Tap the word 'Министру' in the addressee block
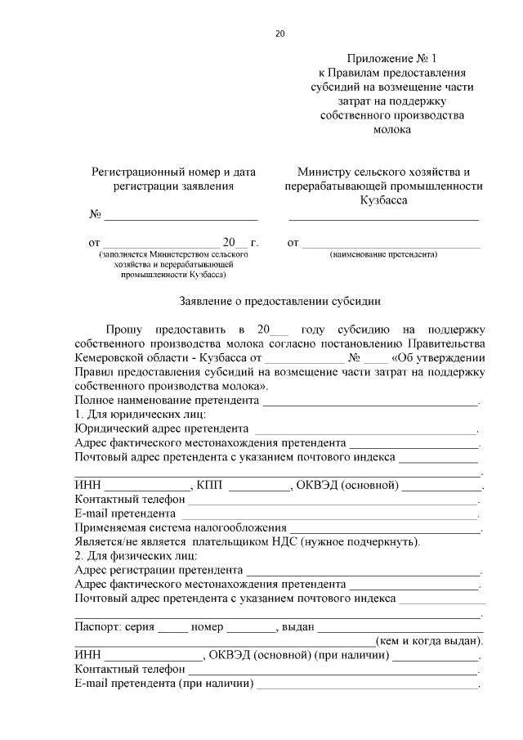323,173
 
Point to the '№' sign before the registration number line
95,215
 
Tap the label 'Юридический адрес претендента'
162,428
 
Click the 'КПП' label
209,486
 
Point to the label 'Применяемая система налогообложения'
181,528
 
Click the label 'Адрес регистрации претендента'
159,570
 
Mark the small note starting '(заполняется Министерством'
172,255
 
